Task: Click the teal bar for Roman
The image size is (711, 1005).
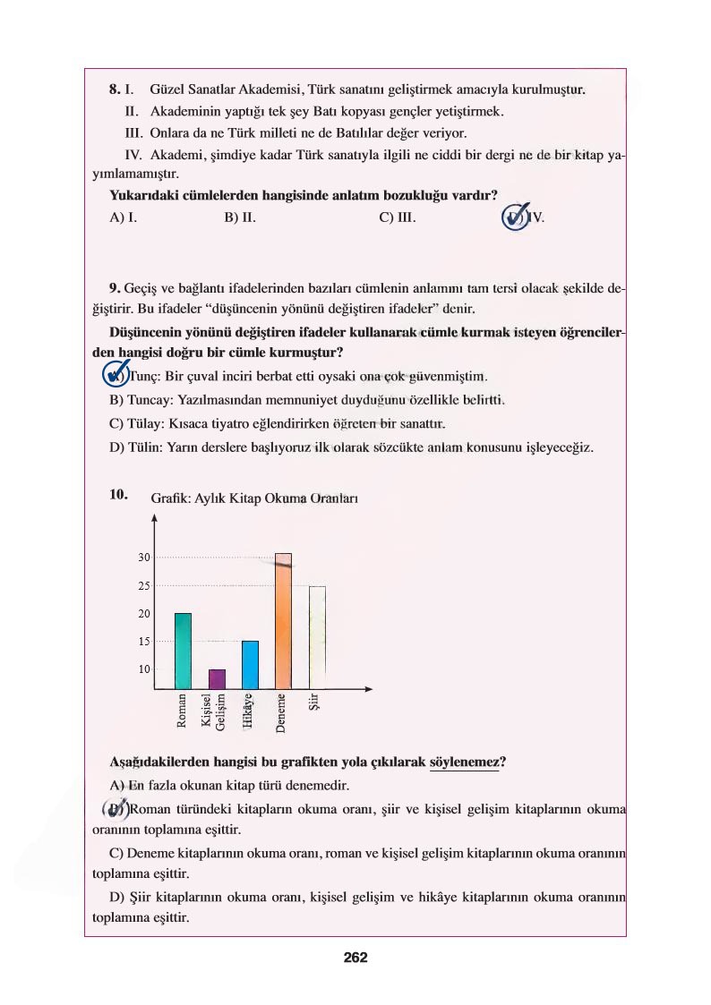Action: click(x=183, y=651)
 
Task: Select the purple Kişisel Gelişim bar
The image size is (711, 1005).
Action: click(x=218, y=679)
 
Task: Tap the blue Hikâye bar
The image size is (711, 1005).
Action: click(x=251, y=665)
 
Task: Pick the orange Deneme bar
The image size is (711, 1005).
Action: click(x=283, y=621)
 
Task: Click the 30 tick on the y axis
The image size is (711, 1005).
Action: click(x=144, y=558)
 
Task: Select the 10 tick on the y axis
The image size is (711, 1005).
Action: click(x=144, y=669)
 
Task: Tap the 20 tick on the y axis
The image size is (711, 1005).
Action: click(x=144, y=614)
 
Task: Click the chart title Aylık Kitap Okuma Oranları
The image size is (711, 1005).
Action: click(x=255, y=498)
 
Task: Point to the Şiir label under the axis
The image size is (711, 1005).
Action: click(x=313, y=703)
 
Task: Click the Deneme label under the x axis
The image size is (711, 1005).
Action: click(x=281, y=714)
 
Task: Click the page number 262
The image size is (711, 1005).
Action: click(x=355, y=957)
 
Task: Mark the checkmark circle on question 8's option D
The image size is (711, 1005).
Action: click(x=516, y=217)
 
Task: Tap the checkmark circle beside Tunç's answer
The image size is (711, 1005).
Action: click(x=116, y=374)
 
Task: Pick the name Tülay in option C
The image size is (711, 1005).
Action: click(x=146, y=422)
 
